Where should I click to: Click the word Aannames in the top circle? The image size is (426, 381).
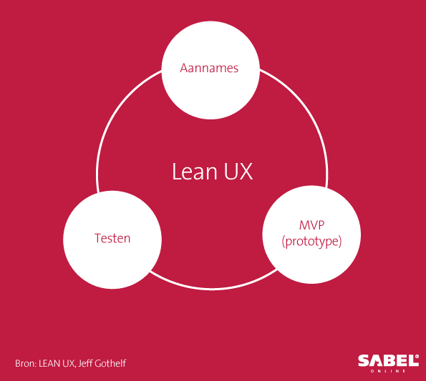[209, 68]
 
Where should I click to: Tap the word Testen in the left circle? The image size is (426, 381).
[112, 238]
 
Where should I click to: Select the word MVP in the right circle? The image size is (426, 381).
[311, 225]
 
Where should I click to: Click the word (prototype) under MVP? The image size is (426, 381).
[311, 242]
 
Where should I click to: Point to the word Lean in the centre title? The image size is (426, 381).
[195, 172]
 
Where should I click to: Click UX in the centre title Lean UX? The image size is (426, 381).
[238, 172]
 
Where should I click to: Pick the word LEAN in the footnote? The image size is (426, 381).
[49, 363]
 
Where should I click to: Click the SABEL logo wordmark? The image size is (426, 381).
[388, 360]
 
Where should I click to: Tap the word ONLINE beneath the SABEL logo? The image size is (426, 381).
[388, 371]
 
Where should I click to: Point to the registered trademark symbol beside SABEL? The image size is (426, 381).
[417, 356]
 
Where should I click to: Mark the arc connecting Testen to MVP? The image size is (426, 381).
[213, 289]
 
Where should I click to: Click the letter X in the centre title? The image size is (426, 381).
[246, 172]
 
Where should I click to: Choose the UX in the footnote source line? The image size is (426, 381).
[68, 363]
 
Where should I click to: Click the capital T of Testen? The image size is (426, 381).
[98, 238]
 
